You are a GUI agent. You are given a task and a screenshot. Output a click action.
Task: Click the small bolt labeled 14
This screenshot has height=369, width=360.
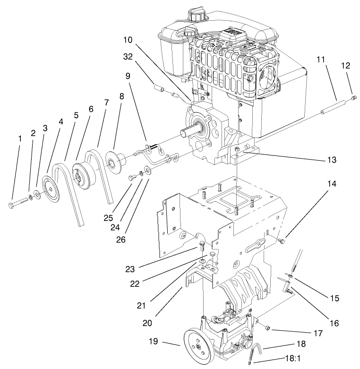point(283,242)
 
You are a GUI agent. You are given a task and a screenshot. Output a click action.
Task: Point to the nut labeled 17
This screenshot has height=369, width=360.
point(266,326)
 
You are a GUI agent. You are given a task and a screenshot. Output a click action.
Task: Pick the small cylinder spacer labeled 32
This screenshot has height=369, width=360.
point(160,88)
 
